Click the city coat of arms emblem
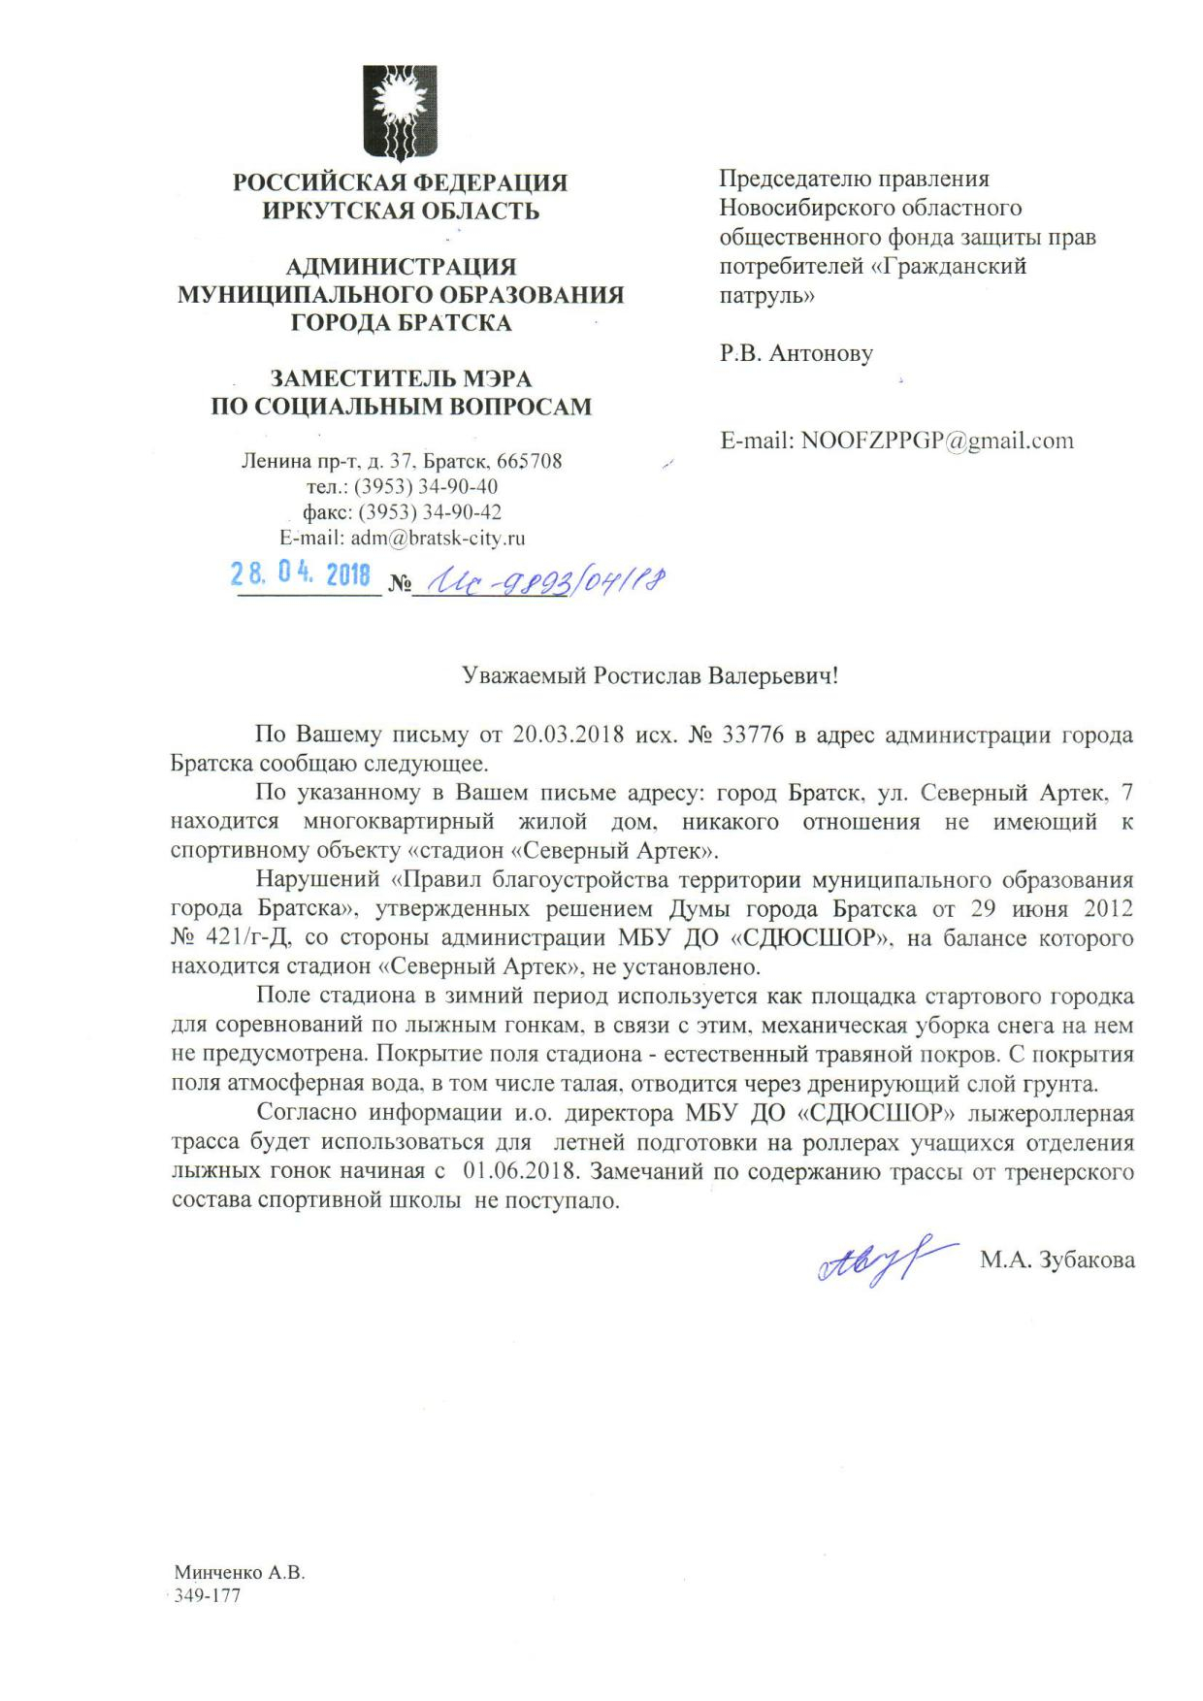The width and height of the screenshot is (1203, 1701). [x=401, y=113]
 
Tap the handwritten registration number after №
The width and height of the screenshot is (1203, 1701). [x=540, y=581]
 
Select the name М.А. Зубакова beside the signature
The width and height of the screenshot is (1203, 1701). [x=1057, y=1260]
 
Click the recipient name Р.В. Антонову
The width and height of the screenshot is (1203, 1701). [x=796, y=353]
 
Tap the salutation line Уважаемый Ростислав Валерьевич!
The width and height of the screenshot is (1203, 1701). [x=649, y=676]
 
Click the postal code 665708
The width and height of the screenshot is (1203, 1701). [x=529, y=461]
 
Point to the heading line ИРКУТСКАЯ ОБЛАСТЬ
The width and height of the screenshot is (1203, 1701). [x=401, y=211]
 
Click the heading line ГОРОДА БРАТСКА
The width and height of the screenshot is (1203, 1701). [x=401, y=322]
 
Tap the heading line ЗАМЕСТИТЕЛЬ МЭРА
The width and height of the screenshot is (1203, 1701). [x=401, y=378]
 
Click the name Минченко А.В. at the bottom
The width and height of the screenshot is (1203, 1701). [x=240, y=1573]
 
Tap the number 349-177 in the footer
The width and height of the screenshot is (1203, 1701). [x=207, y=1596]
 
